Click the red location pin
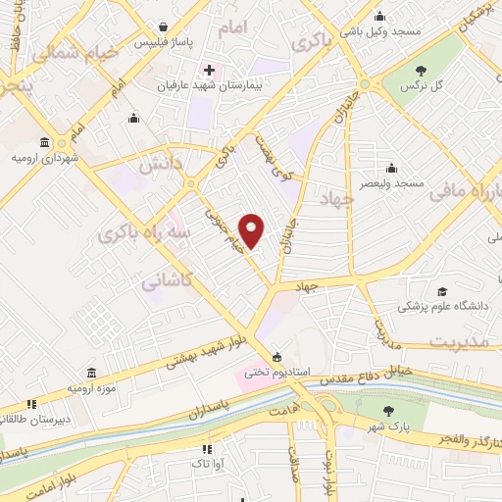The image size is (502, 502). [x=252, y=231]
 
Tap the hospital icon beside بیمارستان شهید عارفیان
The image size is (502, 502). [x=208, y=71]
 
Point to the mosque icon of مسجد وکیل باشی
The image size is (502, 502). [x=380, y=16]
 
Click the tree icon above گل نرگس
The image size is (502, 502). [x=421, y=70]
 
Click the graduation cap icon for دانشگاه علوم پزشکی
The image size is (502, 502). [x=443, y=292]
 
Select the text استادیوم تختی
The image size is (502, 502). [x=276, y=373]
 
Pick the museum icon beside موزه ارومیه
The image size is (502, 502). [x=91, y=374]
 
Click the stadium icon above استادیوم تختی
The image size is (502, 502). [x=277, y=356]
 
